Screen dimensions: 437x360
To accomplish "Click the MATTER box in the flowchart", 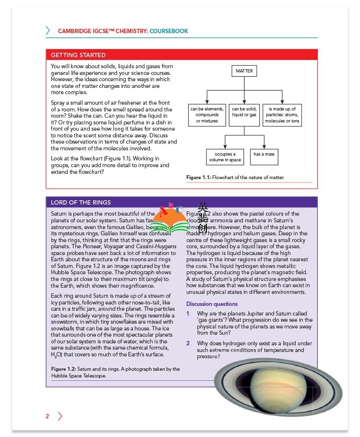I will (x=244, y=71).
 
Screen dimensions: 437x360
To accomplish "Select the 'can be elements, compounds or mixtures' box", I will (x=207, y=115).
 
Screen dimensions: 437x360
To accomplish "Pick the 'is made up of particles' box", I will (x=282, y=115).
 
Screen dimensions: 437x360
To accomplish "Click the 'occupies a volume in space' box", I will (x=225, y=157).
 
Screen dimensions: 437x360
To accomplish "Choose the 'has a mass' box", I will (x=264, y=155).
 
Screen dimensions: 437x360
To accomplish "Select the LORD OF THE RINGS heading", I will (x=81, y=202).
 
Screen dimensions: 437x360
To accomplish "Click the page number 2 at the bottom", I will (x=48, y=416).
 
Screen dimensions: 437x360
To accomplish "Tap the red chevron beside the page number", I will (x=60, y=416).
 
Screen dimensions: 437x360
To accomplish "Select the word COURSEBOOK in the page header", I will (x=169, y=31).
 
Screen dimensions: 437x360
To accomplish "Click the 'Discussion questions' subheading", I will (x=212, y=304).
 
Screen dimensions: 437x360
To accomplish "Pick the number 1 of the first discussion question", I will (x=188, y=314).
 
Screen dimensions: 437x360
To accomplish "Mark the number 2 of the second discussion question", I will (x=188, y=343).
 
